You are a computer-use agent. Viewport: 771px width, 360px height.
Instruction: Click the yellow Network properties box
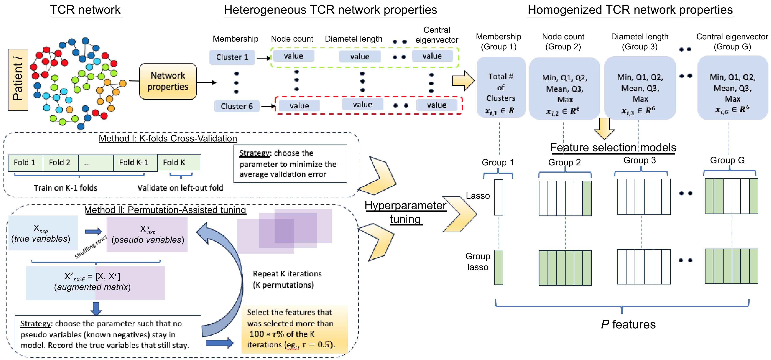[x=168, y=81]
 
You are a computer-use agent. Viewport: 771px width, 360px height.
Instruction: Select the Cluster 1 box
[x=232, y=57]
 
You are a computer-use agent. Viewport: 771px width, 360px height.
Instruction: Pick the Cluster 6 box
[x=237, y=106]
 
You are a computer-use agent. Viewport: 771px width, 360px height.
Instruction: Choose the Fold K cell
[x=179, y=163]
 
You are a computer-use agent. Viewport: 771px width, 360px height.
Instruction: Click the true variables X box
[x=43, y=233]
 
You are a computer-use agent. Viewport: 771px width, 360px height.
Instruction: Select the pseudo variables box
[x=147, y=234]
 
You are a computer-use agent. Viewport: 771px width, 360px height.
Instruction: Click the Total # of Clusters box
[x=501, y=87]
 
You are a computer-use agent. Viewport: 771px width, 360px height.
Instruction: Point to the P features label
[x=628, y=324]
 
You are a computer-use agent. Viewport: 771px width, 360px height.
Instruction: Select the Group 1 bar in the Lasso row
[x=499, y=197]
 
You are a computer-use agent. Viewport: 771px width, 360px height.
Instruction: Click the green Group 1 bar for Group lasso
[x=499, y=267]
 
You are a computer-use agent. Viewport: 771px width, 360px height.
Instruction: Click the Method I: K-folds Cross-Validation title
[x=168, y=139]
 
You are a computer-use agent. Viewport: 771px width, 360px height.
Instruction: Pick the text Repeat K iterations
[x=287, y=274]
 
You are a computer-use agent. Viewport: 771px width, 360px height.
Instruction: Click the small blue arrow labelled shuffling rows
[x=93, y=232]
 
